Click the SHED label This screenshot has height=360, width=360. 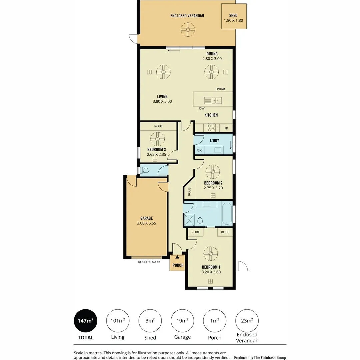pos(233,15)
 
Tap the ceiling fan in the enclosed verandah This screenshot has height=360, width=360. pos(188,29)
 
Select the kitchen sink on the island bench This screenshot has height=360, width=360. pos(213,100)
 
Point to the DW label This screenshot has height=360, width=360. pos(202,108)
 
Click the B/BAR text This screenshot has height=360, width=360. pos(220,89)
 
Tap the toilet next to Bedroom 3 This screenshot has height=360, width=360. pos(145,170)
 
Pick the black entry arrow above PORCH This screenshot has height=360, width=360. pos(177,257)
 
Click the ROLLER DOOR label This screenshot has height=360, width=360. pos(149,262)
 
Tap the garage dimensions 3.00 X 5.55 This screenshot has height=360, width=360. pos(146,223)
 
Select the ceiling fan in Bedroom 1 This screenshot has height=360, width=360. pos(211,253)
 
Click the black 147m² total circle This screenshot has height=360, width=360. pos(85,321)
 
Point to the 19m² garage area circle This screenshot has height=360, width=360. pos(182,321)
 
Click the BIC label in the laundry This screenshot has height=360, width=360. pos(200,150)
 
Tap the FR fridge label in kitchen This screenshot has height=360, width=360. pos(226,128)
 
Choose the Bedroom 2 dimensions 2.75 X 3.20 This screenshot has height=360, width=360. pos(213,188)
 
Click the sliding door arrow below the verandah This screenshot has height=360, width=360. pos(173,51)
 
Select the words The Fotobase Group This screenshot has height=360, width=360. pos(270,358)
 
